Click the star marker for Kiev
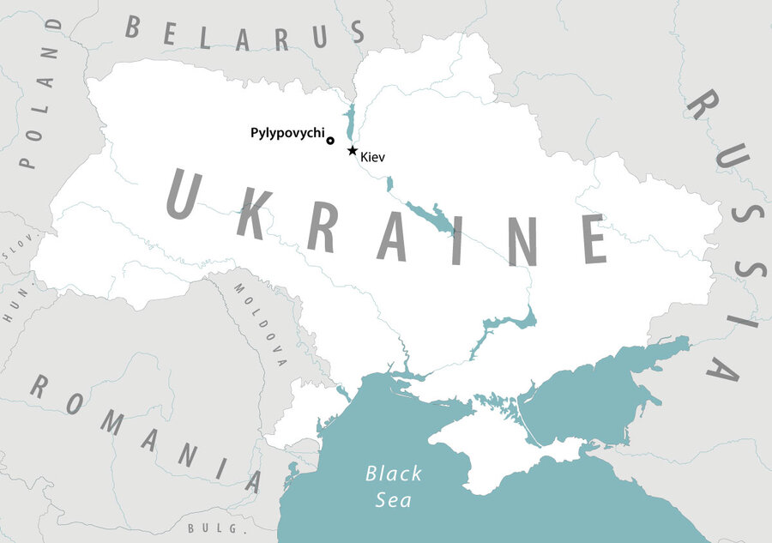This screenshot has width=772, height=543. pos(352,151)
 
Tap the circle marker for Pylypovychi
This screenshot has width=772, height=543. pos(330,141)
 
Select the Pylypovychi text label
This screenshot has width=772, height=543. pos(286,133)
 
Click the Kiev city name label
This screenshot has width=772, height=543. pos(373,158)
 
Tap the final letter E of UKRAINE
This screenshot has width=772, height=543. pos(592,239)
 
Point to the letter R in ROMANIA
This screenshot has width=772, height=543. pos(39,388)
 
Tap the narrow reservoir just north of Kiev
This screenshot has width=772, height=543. pos(349,123)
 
